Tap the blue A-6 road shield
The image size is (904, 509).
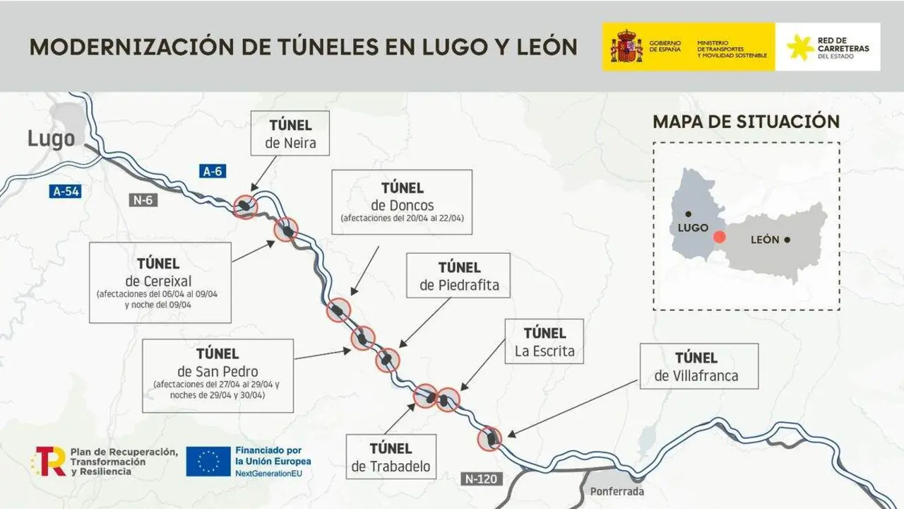[213, 171]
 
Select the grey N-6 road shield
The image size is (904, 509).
[144, 200]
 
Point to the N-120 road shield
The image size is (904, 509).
[482, 479]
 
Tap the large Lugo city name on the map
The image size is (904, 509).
[51, 139]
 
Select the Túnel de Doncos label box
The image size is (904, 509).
[402, 201]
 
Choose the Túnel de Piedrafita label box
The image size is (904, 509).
[459, 276]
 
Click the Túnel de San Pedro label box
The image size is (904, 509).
[218, 375]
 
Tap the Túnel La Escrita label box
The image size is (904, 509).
[545, 341]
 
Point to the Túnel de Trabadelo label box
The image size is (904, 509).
[391, 457]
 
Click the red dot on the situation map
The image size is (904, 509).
[719, 238]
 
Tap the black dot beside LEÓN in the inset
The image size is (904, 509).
[787, 240]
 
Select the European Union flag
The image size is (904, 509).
[208, 461]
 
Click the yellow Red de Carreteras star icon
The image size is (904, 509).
[799, 47]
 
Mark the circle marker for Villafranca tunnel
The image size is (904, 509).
[489, 439]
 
